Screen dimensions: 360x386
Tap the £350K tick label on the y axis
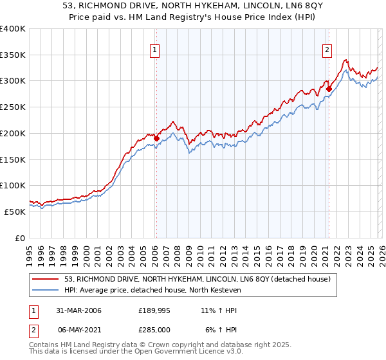[x=13, y=55]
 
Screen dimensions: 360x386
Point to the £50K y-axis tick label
[x=15, y=212]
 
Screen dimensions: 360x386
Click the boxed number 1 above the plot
[x=156, y=50]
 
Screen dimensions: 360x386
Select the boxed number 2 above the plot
[x=327, y=50]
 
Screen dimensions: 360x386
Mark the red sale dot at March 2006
[x=156, y=138]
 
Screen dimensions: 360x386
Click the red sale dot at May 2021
[x=329, y=89]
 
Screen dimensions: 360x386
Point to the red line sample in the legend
[x=46, y=279]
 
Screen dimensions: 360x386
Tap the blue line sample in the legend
[x=46, y=290]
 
